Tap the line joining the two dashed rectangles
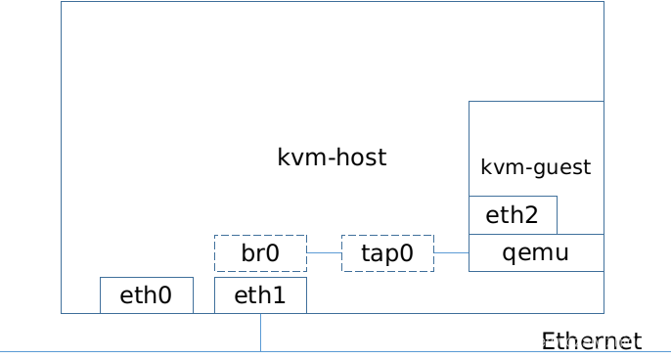point(324,252)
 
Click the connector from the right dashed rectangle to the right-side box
point(451,252)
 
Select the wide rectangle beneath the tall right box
point(536,252)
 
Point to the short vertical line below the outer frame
point(260,333)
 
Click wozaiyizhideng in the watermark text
point(608,341)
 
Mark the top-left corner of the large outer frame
point(61,2)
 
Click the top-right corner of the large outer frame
point(604,2)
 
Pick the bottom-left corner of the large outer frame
point(61,313)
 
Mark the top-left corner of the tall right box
point(469,101)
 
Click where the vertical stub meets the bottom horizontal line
point(260,351)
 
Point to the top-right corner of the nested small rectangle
point(557,196)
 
